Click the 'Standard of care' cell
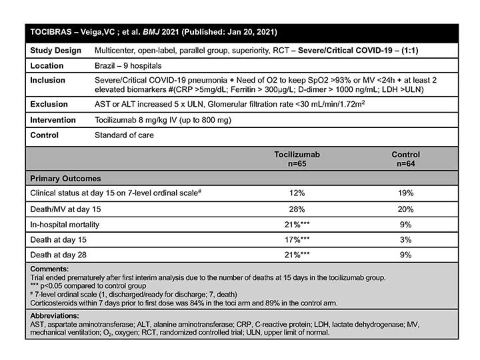coord(125,135)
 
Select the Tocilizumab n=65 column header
coord(297,159)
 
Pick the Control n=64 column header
coord(405,159)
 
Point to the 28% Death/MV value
coord(297,209)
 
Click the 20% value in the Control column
coord(405,209)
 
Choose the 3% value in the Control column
coord(405,239)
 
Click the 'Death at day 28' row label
coord(61,255)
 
